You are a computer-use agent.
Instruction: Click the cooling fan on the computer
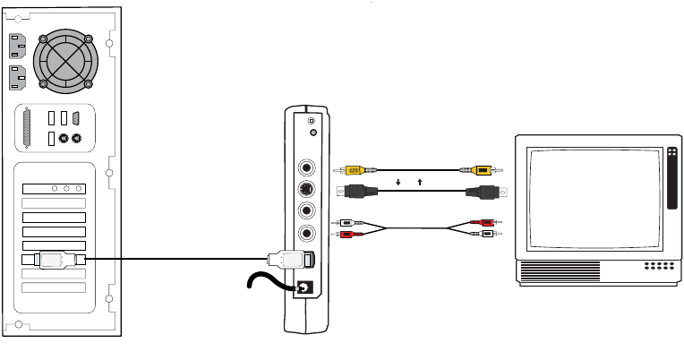tap(64, 63)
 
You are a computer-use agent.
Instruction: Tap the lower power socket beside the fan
tap(17, 78)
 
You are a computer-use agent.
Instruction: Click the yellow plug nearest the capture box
tap(355, 169)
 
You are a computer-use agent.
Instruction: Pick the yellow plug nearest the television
tap(482, 169)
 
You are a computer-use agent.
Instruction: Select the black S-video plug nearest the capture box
tap(358, 190)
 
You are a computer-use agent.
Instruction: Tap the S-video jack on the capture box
tap(307, 189)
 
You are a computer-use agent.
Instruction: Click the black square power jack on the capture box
tap(304, 287)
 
